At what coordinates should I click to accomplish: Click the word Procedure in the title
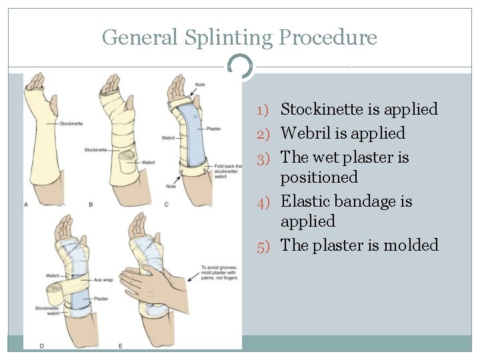pos(328,37)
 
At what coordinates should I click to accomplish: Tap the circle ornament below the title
pos(240,67)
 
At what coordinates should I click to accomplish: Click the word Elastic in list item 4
pos(311,201)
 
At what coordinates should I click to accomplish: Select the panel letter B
pos(91,205)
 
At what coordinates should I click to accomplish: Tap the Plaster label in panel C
pos(215,128)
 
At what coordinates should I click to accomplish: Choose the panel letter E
pos(120,345)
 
